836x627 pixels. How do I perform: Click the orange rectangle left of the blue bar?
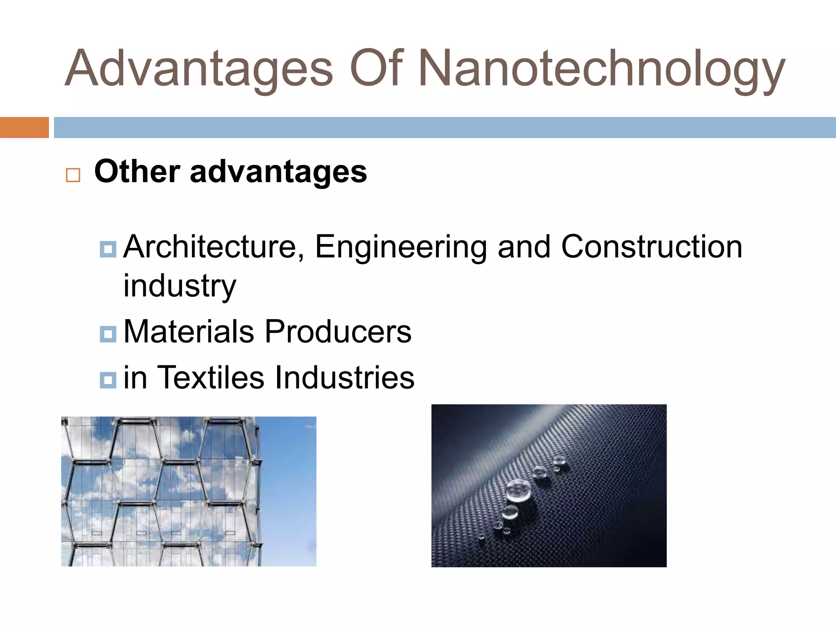pyautogui.click(x=24, y=127)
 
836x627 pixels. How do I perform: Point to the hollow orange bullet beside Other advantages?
pyautogui.click(x=73, y=175)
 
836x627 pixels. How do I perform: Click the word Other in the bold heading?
pyautogui.click(x=137, y=171)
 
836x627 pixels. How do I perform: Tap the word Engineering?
pyautogui.click(x=401, y=247)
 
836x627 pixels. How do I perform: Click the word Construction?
pyautogui.click(x=651, y=247)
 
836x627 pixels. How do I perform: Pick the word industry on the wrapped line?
pyautogui.click(x=180, y=286)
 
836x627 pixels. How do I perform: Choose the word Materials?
pyautogui.click(x=189, y=331)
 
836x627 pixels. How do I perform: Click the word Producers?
pyautogui.click(x=338, y=331)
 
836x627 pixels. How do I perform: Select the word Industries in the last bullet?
pyautogui.click(x=345, y=377)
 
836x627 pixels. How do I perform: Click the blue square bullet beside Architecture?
pyautogui.click(x=108, y=249)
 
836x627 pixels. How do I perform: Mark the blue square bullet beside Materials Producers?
pyautogui.click(x=108, y=334)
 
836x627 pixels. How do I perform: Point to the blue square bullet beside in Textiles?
pyautogui.click(x=108, y=380)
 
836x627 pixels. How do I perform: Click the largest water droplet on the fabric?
pyautogui.click(x=519, y=490)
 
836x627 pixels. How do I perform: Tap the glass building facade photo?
pyautogui.click(x=189, y=491)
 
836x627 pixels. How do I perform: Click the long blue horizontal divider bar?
pyautogui.click(x=445, y=127)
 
